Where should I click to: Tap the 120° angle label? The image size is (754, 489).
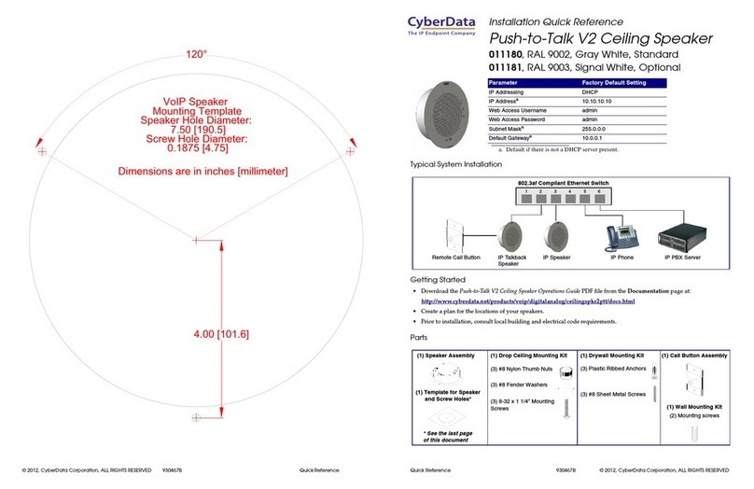[193, 54]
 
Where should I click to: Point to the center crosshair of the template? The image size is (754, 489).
[195, 241]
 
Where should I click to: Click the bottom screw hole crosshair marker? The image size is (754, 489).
[195, 416]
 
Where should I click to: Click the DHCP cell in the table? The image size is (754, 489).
[580, 94]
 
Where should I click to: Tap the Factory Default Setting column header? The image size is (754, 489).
[607, 84]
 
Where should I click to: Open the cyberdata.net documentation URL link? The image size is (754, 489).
[528, 301]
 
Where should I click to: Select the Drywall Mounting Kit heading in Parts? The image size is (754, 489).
[614, 356]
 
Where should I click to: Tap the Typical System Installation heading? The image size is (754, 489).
[463, 165]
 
